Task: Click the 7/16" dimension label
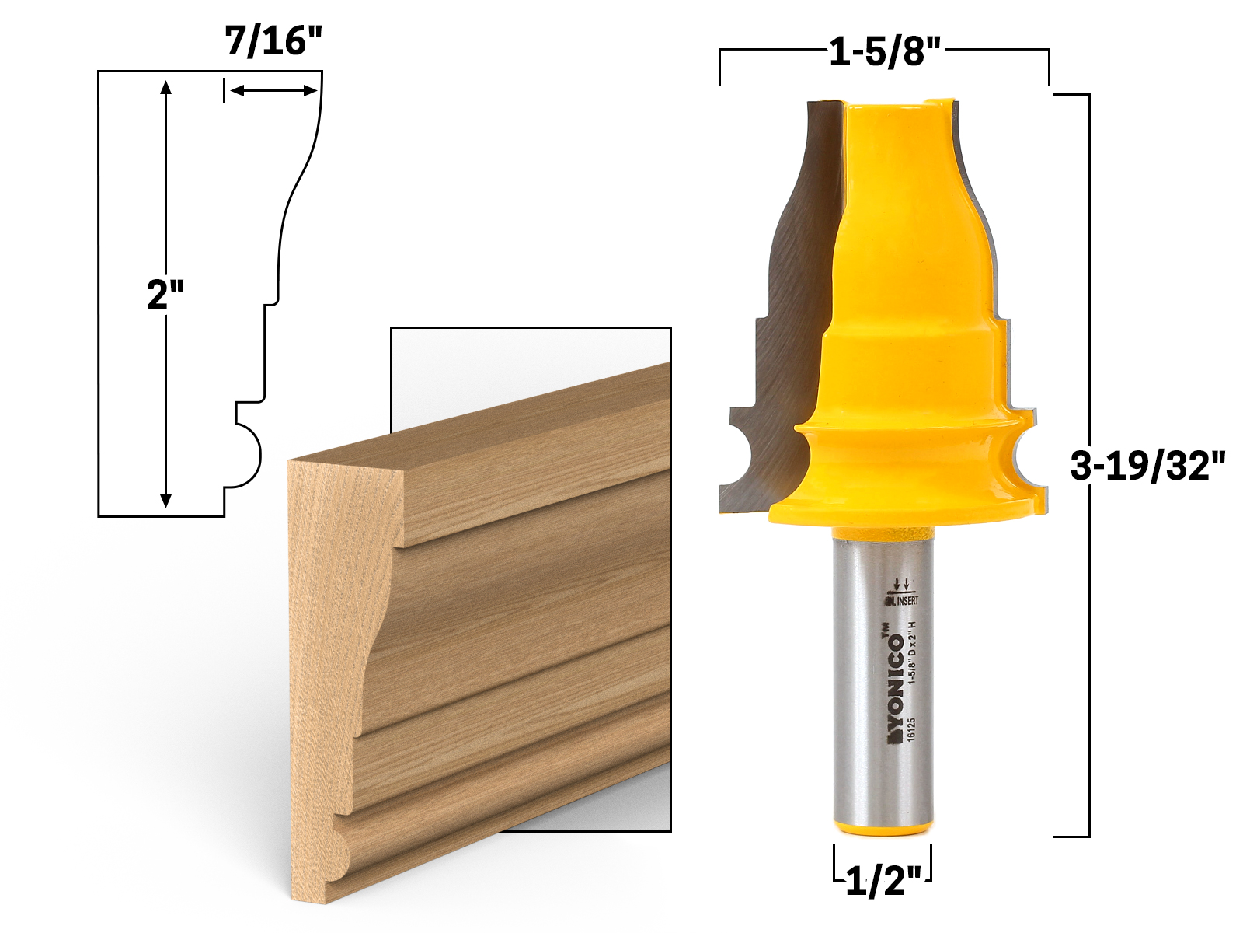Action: [273, 40]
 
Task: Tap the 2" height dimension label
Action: [165, 295]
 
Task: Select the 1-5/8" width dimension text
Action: [885, 52]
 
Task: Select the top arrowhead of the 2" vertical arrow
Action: [165, 86]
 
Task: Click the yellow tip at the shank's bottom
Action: [883, 830]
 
